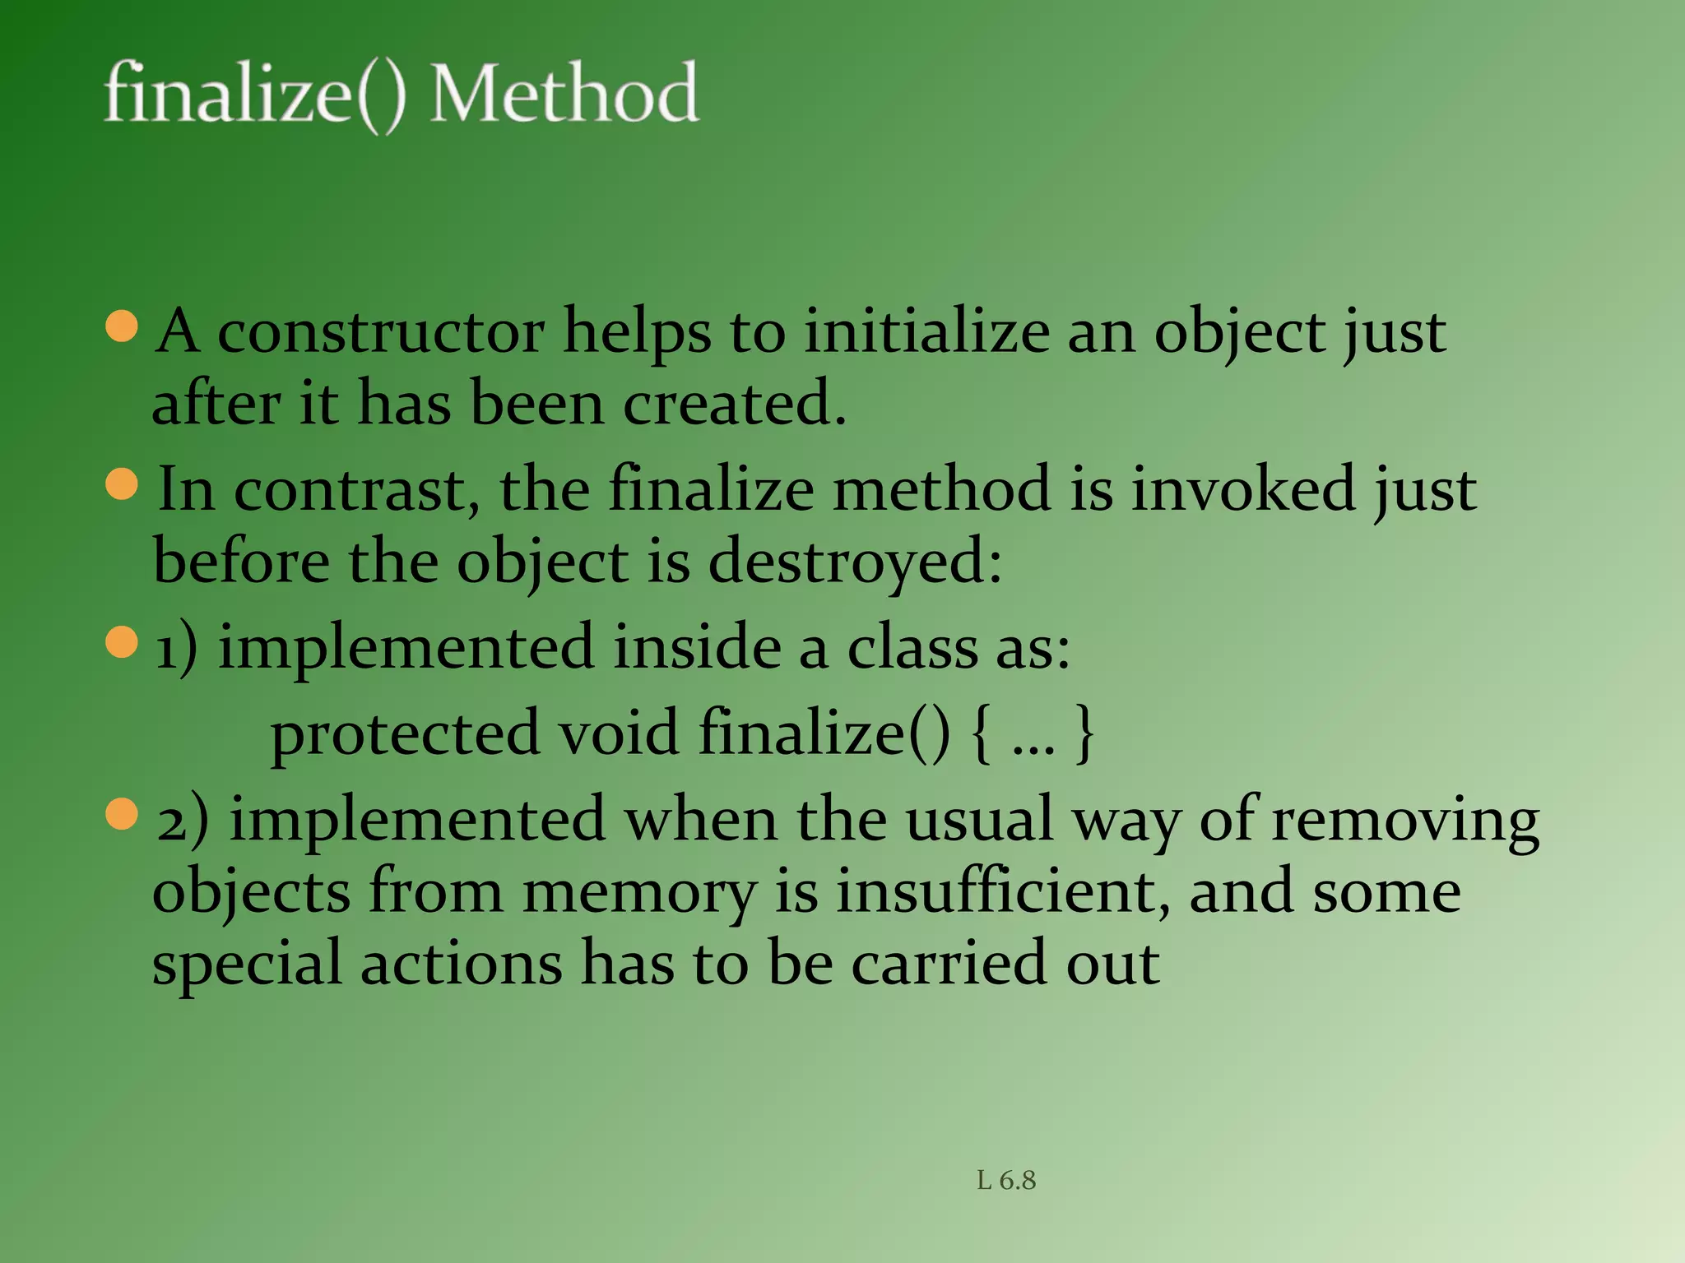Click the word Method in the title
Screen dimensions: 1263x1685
[x=564, y=93]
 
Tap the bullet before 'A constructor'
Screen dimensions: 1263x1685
[x=122, y=326]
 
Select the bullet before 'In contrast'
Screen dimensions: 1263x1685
[x=122, y=483]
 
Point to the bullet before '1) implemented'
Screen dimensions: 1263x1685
[x=122, y=642]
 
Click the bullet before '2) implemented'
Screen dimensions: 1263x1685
[x=122, y=815]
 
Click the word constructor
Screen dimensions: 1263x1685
[x=380, y=332]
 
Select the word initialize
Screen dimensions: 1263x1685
[x=926, y=332]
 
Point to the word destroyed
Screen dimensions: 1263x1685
[x=855, y=562]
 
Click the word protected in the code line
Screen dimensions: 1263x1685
[x=405, y=733]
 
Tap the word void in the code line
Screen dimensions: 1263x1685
[x=619, y=732]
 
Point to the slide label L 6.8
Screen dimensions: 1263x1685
[x=1006, y=1181]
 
